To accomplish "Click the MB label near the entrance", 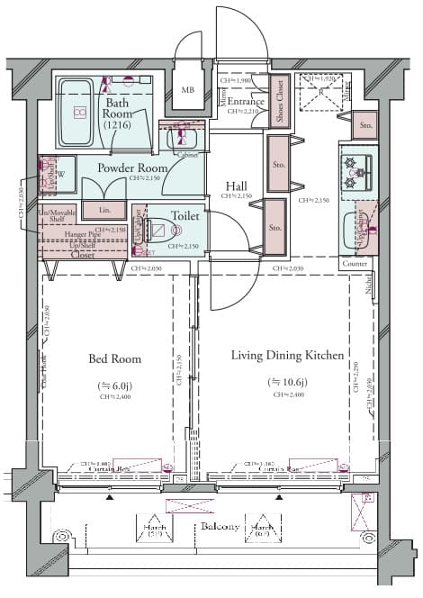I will [188, 90].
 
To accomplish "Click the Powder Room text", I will [132, 168].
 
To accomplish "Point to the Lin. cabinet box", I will [103, 210].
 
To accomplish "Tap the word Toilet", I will [184, 216].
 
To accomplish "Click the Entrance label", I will [245, 101].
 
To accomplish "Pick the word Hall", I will [238, 186].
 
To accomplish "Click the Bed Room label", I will [114, 358].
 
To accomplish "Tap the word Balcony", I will [219, 526].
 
